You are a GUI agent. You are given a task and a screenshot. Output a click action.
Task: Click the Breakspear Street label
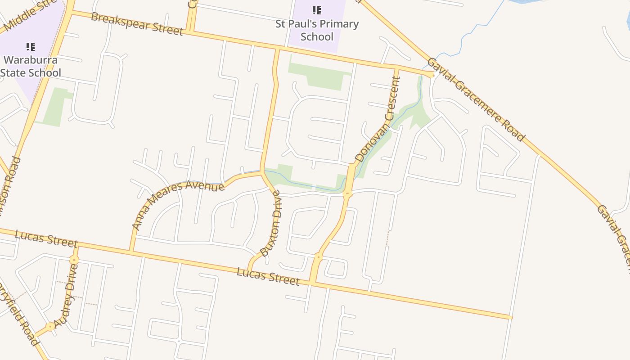point(137,24)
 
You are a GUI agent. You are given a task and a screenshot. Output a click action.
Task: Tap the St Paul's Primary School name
point(317,30)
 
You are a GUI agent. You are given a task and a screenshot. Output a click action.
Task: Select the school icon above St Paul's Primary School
point(317,10)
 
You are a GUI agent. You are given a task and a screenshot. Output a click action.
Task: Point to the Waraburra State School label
point(31,66)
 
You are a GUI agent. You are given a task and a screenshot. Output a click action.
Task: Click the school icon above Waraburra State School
point(31,46)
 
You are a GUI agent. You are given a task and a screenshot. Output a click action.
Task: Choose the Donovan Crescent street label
point(378,120)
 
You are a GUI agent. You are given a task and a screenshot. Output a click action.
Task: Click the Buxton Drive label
point(271,223)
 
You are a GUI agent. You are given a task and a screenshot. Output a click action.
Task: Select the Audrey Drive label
point(66,296)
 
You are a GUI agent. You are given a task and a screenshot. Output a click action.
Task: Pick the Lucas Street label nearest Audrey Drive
point(46,238)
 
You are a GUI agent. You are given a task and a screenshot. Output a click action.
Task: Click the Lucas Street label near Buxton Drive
point(268,276)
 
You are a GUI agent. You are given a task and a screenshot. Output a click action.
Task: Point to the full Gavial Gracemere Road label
point(475,99)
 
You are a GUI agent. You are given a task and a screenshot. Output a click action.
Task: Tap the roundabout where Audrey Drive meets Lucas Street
point(74,260)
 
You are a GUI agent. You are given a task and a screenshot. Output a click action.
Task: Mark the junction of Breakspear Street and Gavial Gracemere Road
point(433,74)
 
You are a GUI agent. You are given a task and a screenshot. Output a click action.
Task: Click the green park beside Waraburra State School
point(53,108)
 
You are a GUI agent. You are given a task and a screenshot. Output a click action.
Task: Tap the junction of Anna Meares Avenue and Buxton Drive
point(262,172)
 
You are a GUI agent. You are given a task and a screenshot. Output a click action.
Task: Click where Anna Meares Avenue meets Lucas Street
point(131,251)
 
